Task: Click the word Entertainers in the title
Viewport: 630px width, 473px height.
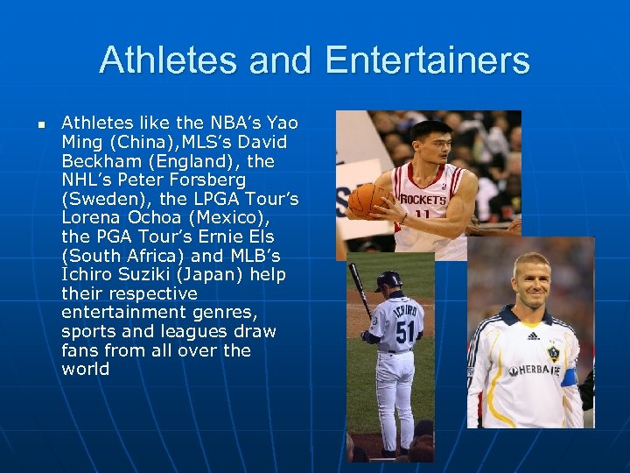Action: pos(427,61)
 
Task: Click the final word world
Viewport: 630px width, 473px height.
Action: pos(86,369)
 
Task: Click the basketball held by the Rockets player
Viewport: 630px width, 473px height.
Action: pos(367,201)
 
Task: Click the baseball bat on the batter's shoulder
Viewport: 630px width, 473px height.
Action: pos(360,289)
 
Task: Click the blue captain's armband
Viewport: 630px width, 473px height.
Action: pos(570,377)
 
